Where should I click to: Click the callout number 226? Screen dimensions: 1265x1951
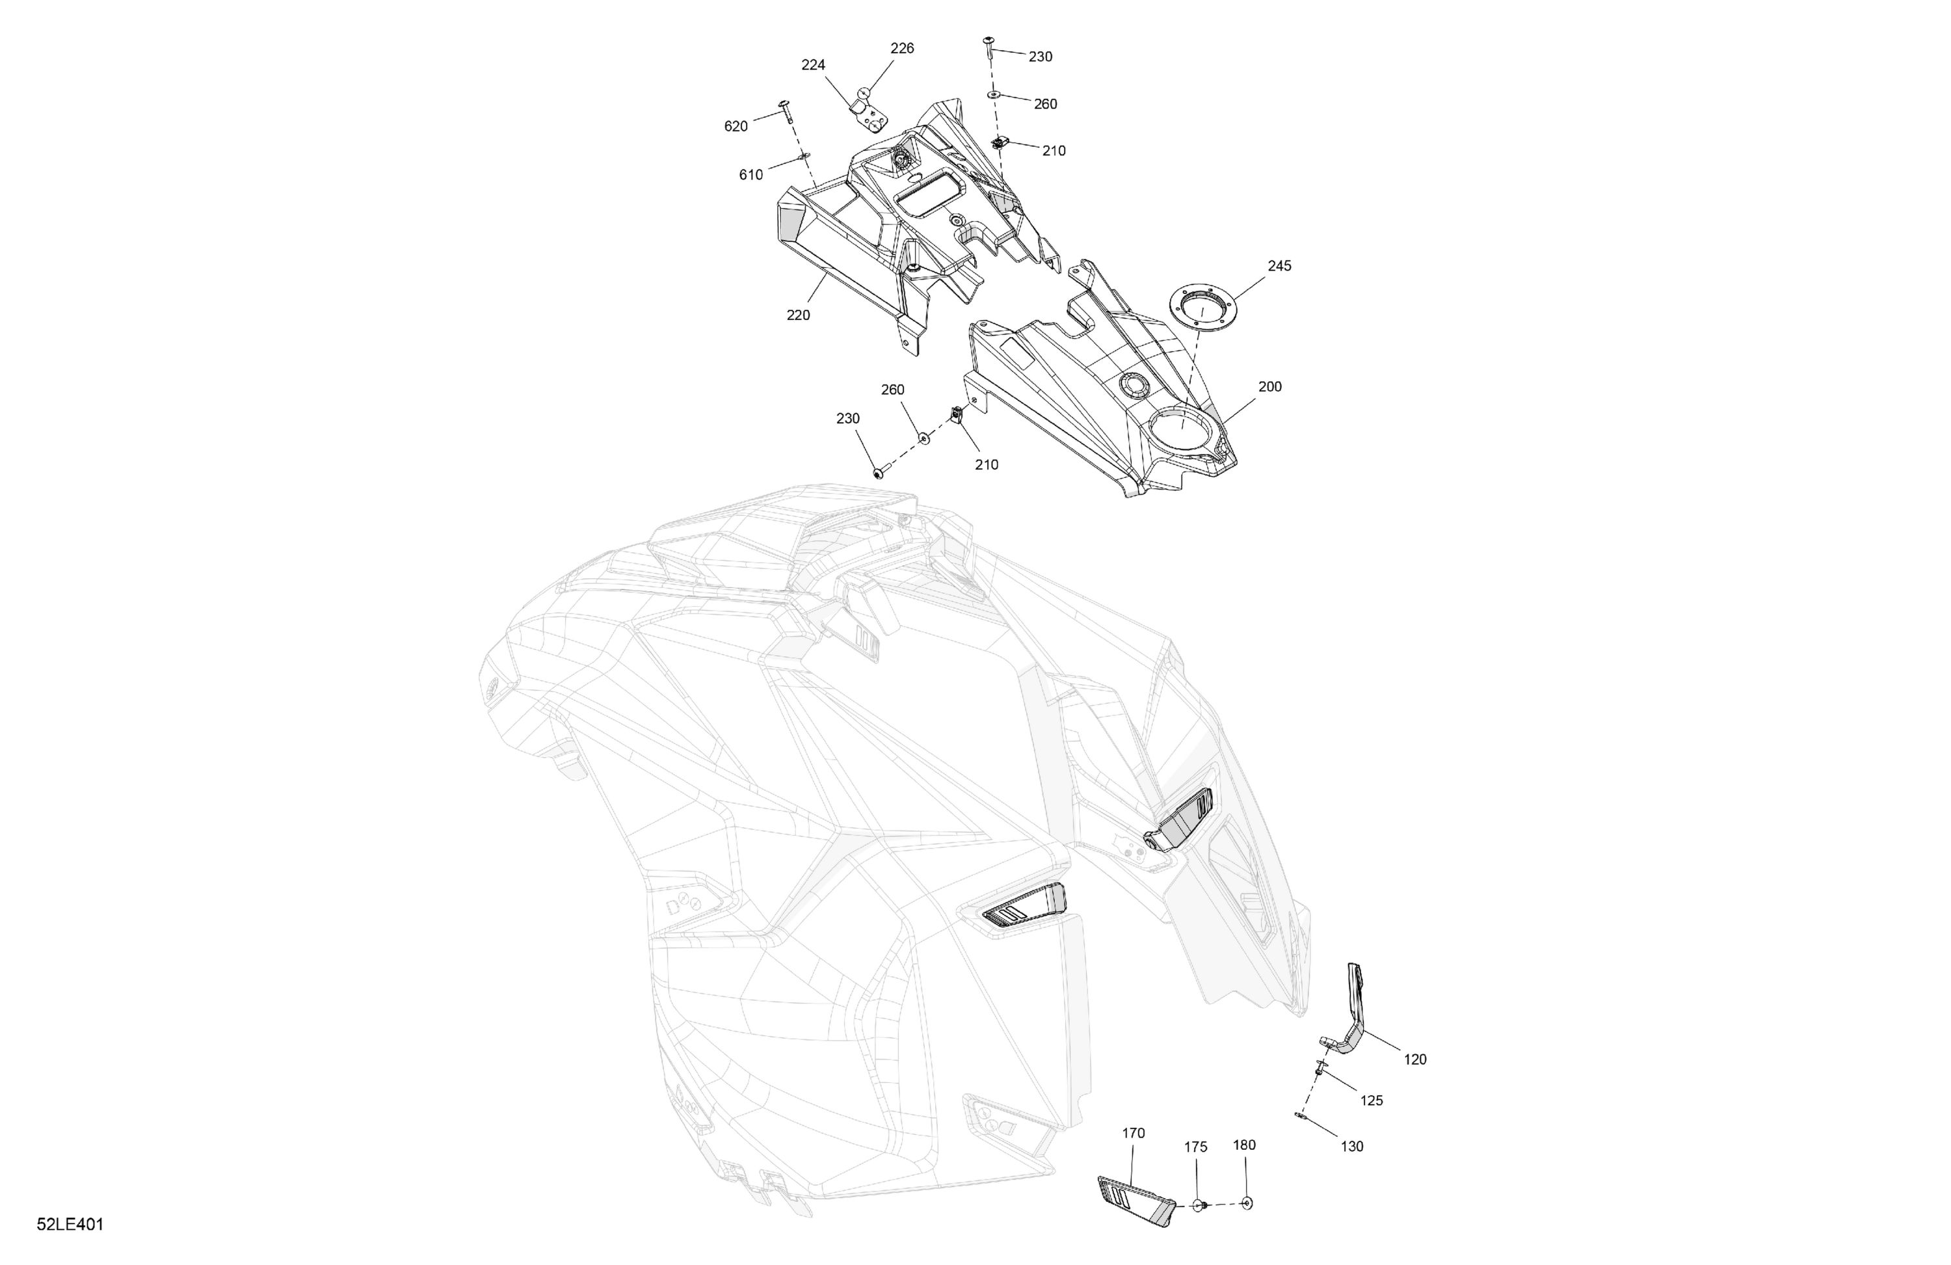902,48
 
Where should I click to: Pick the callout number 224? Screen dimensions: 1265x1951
812,65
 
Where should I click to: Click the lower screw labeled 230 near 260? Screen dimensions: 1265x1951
880,473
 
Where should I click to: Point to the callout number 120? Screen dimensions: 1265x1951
1415,1059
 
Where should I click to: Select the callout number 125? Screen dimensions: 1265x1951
1371,1100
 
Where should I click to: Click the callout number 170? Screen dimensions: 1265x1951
1133,1133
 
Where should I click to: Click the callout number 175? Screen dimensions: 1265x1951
1195,1147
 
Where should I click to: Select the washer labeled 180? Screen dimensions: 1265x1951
1247,1203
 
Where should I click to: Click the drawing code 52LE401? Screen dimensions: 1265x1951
70,1225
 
